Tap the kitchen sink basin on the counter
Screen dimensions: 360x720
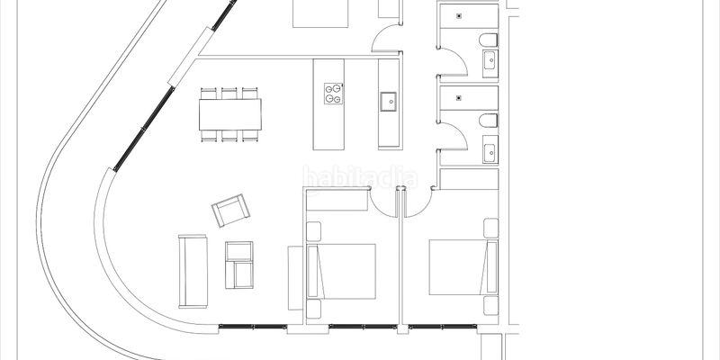389,101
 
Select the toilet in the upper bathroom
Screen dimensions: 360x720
488,40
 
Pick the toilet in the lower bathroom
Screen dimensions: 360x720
488,121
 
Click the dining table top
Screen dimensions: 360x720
230,113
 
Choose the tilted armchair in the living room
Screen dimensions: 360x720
229,212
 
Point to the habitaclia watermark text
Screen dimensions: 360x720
360,177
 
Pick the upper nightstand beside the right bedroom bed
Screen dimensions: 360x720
490,229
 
